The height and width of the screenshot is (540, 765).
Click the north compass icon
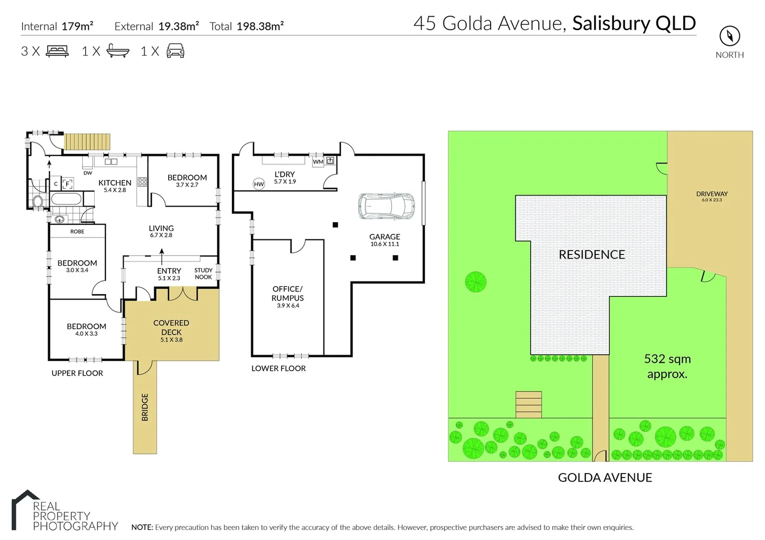(x=729, y=36)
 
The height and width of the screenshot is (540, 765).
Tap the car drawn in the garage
(x=387, y=206)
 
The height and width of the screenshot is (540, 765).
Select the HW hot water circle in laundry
(x=259, y=184)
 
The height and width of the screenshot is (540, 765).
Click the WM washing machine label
(x=318, y=161)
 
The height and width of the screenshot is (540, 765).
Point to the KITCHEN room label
(x=115, y=183)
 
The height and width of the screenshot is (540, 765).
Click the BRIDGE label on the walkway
(x=145, y=407)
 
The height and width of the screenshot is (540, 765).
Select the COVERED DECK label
(x=171, y=327)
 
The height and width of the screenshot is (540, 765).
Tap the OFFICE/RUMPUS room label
(x=287, y=293)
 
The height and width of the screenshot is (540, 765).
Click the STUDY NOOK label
(x=203, y=273)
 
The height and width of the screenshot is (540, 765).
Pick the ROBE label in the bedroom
(x=77, y=231)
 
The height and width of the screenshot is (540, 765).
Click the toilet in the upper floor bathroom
(x=38, y=201)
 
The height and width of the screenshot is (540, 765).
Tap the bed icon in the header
(x=57, y=51)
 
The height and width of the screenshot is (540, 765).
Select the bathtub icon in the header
(x=118, y=51)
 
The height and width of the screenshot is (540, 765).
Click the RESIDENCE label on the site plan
(x=591, y=254)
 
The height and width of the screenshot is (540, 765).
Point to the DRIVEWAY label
(x=711, y=194)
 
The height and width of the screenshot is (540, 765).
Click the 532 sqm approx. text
(x=667, y=366)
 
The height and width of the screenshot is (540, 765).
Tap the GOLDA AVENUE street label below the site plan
(x=605, y=477)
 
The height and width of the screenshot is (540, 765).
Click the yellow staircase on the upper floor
(x=87, y=141)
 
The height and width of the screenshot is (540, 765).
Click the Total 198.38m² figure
(x=246, y=26)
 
